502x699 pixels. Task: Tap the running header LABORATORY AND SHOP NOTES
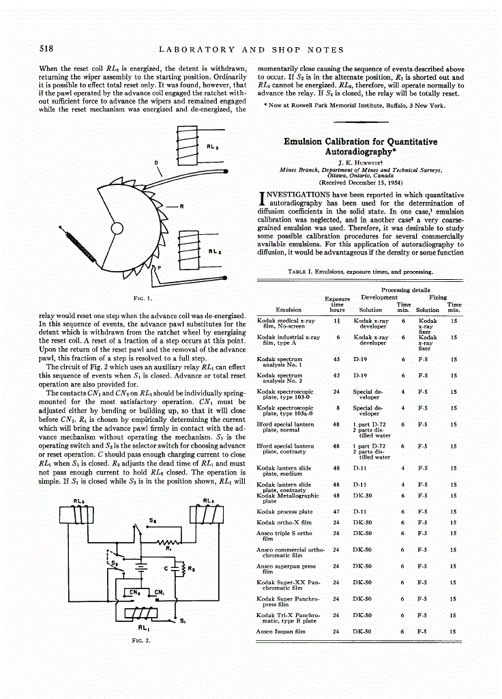coord(251,50)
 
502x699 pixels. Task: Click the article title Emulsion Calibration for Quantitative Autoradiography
coord(360,147)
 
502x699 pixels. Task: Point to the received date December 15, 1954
coord(361,183)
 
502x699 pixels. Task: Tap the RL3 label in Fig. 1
coord(211,146)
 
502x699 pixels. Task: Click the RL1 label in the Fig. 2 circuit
coord(144,627)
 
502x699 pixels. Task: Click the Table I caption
coord(360,271)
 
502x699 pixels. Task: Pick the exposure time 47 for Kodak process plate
coord(336,511)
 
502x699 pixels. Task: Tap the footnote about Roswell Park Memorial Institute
coord(354,106)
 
